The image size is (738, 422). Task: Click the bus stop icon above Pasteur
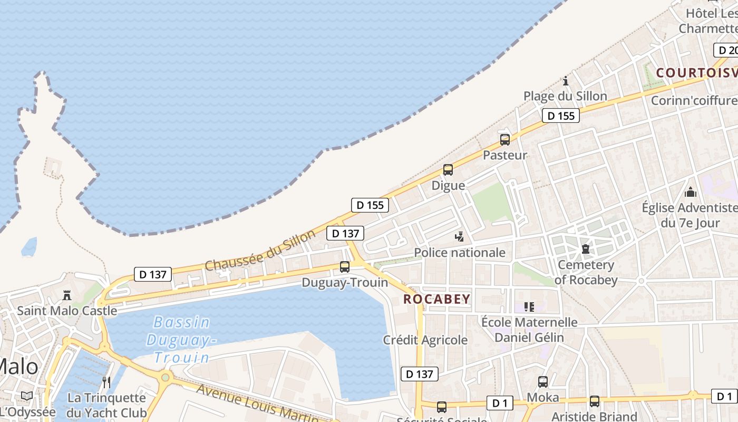click(x=505, y=140)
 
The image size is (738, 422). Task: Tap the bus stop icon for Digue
click(x=448, y=170)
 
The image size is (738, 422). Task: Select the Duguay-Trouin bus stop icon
click(x=345, y=267)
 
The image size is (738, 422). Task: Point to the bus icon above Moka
click(x=543, y=382)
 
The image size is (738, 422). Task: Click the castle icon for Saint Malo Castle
click(x=67, y=295)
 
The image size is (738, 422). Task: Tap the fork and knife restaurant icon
click(x=106, y=382)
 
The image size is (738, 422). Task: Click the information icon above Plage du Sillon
click(x=566, y=81)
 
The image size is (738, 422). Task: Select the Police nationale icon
click(x=460, y=237)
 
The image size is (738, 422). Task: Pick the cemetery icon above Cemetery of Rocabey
click(x=585, y=249)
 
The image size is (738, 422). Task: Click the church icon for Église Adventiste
click(x=691, y=192)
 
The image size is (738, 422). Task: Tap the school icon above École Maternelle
click(x=529, y=306)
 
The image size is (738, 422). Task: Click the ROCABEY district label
click(x=436, y=299)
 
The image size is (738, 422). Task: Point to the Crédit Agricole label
click(x=425, y=340)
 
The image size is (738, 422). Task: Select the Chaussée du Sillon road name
click(x=260, y=250)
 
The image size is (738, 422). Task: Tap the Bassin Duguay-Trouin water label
click(x=182, y=340)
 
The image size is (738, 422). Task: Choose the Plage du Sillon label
click(x=565, y=96)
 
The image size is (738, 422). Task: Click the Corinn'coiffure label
click(x=694, y=100)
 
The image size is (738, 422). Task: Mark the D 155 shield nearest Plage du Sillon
click(x=561, y=116)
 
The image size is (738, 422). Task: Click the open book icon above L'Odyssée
click(x=27, y=396)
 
